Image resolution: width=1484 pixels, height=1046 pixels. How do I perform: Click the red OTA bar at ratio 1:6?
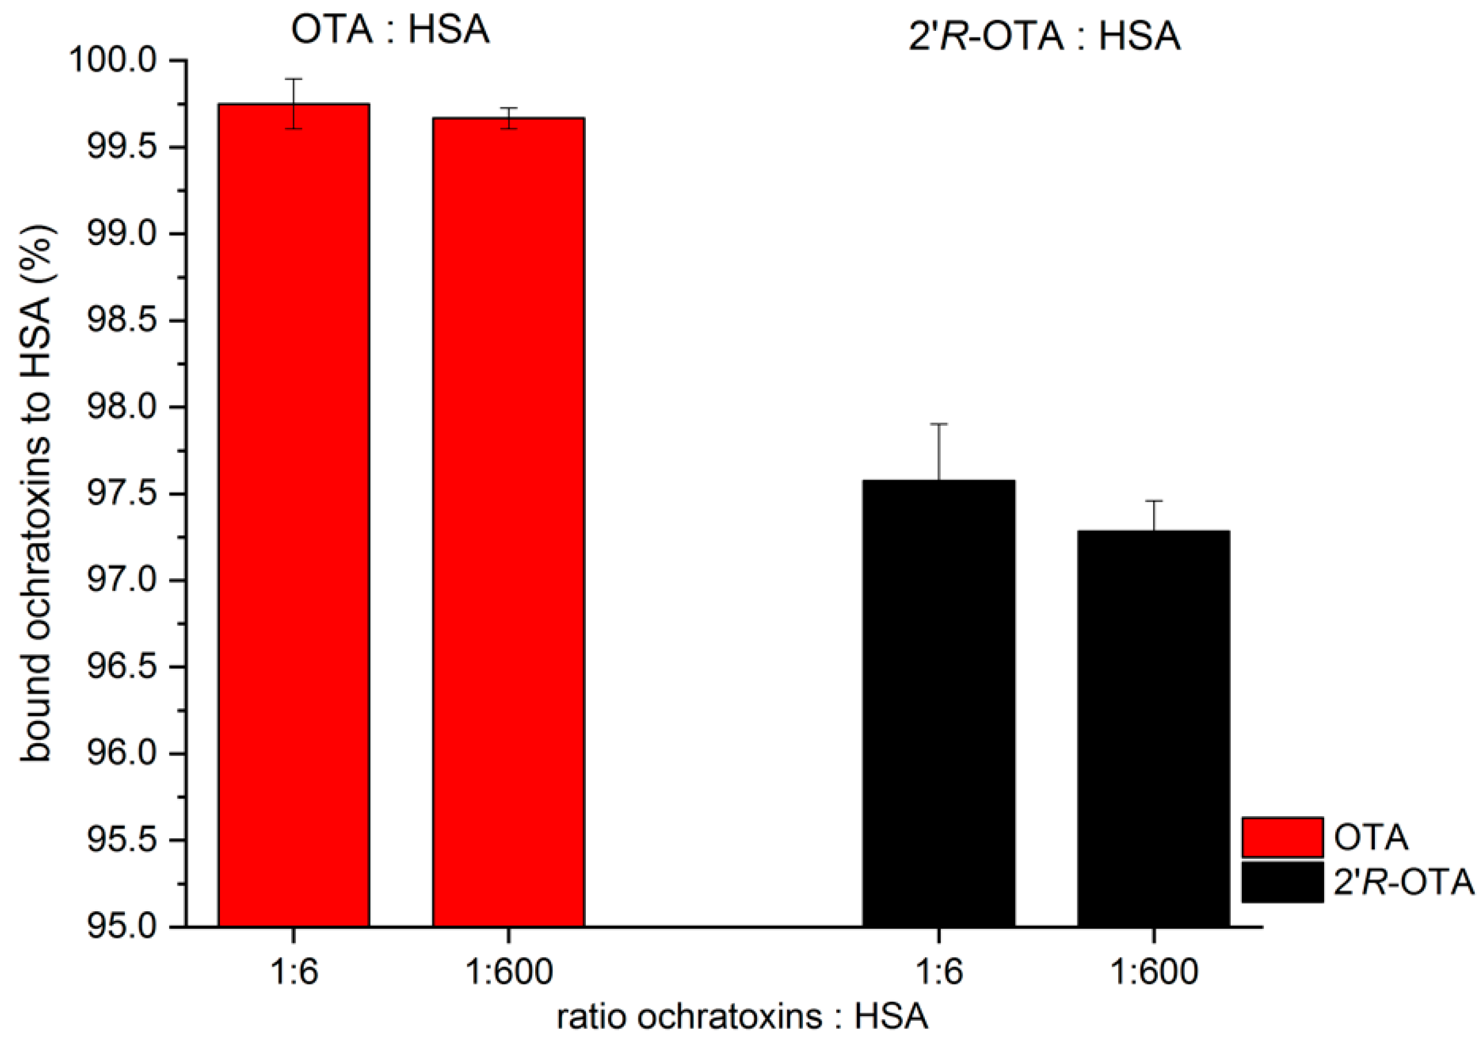[x=294, y=517]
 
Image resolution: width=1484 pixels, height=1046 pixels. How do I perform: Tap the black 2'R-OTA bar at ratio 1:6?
[x=938, y=704]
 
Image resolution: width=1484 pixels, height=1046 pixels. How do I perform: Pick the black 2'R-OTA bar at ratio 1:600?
[x=1153, y=730]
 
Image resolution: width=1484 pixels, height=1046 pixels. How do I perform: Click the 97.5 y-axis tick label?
[x=121, y=494]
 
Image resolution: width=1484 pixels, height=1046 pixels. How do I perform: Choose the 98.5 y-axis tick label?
[x=121, y=321]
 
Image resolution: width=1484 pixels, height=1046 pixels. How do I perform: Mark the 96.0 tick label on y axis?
[x=121, y=754]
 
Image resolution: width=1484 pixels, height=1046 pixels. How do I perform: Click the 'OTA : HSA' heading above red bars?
[x=390, y=30]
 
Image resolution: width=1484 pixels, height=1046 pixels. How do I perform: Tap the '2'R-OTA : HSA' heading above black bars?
[x=1045, y=36]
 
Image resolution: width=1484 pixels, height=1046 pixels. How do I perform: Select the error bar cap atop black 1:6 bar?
[x=938, y=424]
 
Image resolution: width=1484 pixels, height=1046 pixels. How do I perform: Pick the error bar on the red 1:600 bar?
[x=509, y=118]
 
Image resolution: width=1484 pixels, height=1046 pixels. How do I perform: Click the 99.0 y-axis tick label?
[x=121, y=234]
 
